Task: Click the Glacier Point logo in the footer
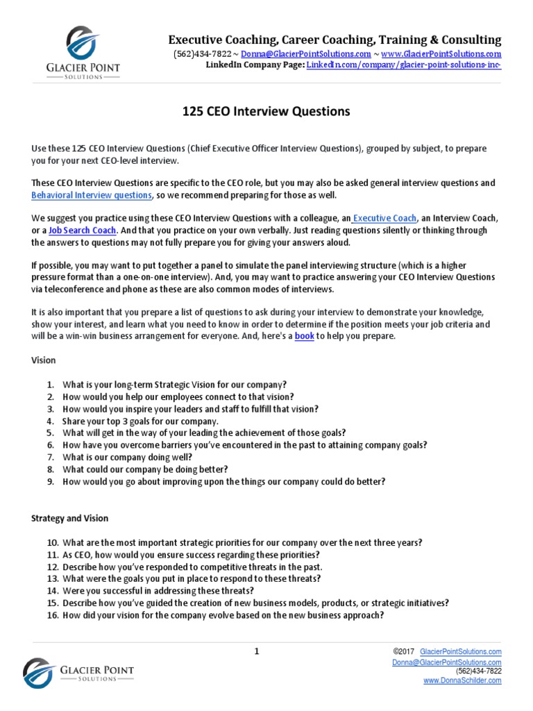pos(78,672)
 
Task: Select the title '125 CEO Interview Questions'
pos(266,111)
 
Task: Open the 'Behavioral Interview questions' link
pos(92,195)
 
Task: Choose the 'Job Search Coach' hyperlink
pos(83,230)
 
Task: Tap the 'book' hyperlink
pos(305,336)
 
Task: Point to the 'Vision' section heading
pos(44,360)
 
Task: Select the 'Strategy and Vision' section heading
pos(69,518)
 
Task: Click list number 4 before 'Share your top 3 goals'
pos(50,421)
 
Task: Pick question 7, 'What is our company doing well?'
pos(127,457)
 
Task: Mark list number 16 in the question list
pos(51,615)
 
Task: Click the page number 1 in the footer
pos(256,651)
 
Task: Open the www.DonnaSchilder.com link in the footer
pos(462,680)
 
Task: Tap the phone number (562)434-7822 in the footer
pos(478,671)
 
